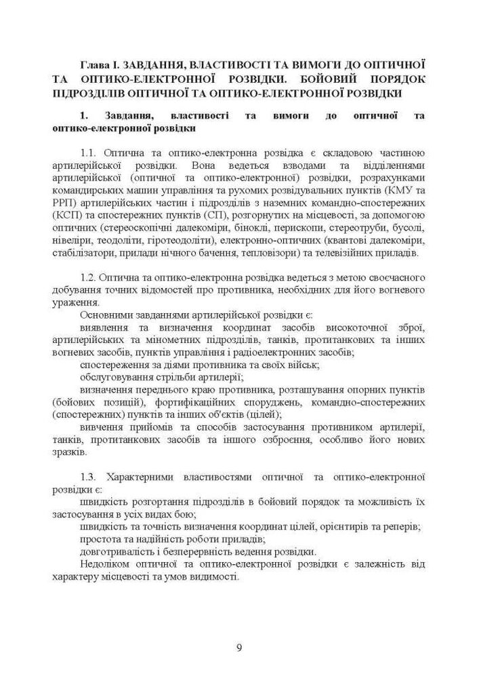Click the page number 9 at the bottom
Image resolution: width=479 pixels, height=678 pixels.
click(x=239, y=646)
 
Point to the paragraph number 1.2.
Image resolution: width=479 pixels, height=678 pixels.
click(x=90, y=278)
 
